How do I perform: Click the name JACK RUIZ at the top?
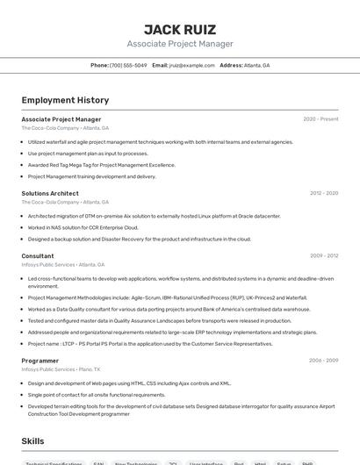click(x=180, y=29)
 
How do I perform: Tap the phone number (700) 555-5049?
click(x=128, y=65)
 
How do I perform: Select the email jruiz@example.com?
click(x=191, y=65)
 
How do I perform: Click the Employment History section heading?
click(x=65, y=100)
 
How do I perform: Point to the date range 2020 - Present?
click(x=320, y=118)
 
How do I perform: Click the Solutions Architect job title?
click(x=50, y=193)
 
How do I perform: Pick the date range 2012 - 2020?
click(x=324, y=193)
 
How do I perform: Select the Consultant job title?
click(x=38, y=256)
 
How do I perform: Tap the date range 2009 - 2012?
click(x=324, y=256)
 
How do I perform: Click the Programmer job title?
click(x=40, y=361)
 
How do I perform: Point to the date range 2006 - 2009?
click(x=324, y=361)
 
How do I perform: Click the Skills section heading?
click(x=33, y=440)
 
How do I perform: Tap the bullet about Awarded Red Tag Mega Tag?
click(x=101, y=165)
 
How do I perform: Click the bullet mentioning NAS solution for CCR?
click(x=83, y=227)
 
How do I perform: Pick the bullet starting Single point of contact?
click(x=97, y=395)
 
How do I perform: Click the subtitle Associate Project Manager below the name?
click(x=180, y=44)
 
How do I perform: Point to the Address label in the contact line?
click(x=231, y=65)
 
